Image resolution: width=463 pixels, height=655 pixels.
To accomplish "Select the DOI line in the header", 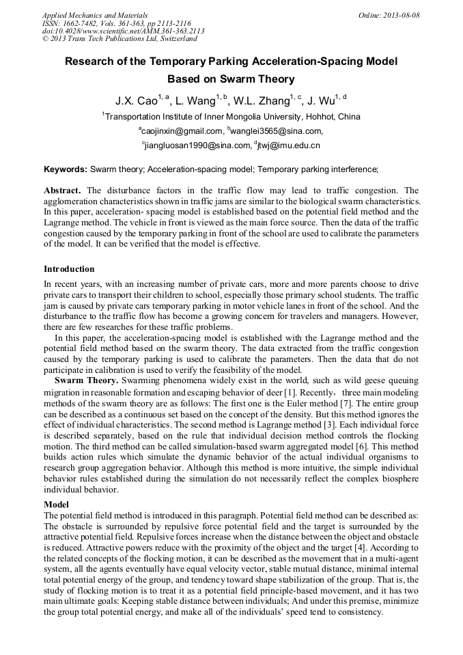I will tap(123, 31).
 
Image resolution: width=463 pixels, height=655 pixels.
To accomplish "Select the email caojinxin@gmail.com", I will tap(182, 131).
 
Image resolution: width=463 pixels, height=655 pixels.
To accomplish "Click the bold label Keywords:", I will tap(66, 169).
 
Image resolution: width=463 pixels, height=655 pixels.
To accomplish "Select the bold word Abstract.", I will tap(64, 191).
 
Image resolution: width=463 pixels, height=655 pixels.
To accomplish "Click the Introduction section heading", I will tap(69, 269).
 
